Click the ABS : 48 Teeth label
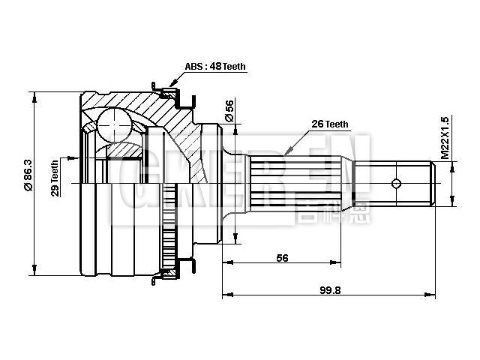coord(215,67)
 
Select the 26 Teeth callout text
coord(328,124)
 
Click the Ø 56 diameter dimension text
coord(229,111)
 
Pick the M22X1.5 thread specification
coord(445,138)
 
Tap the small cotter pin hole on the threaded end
coord(397,183)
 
